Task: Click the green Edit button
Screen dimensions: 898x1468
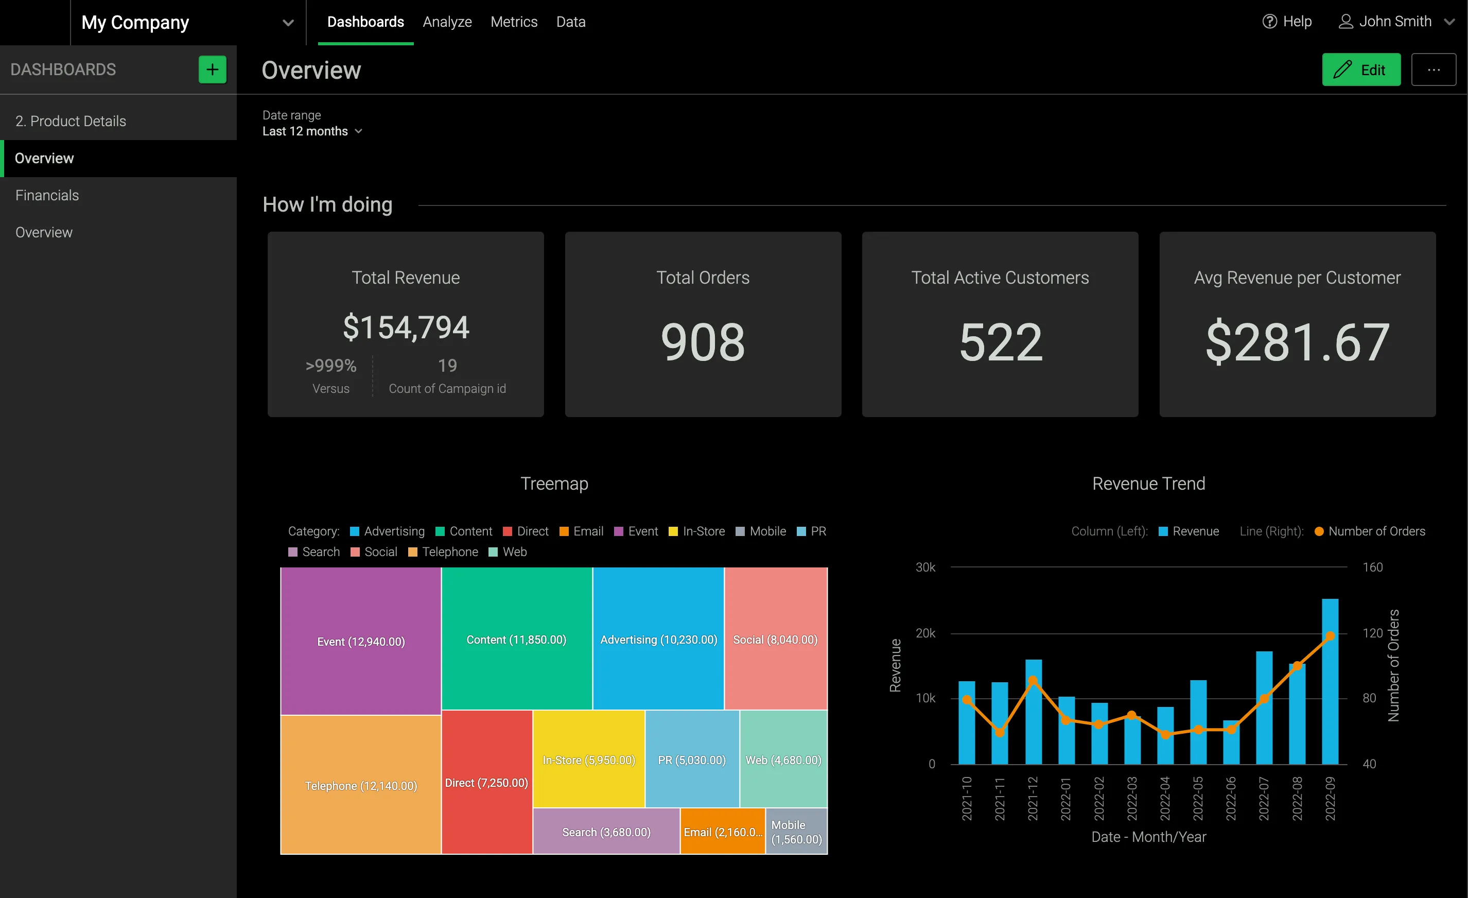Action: pyautogui.click(x=1361, y=70)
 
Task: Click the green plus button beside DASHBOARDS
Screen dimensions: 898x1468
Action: pyautogui.click(x=212, y=70)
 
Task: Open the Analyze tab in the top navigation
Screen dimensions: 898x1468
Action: pyautogui.click(x=447, y=22)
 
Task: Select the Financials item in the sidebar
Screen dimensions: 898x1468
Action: pyautogui.click(x=47, y=196)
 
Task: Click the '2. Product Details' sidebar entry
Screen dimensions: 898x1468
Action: pyautogui.click(x=71, y=121)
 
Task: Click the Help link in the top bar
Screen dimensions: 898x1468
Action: pyautogui.click(x=1287, y=22)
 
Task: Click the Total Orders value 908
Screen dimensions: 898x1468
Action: pyautogui.click(x=703, y=342)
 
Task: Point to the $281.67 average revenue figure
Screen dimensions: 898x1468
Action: pyautogui.click(x=1297, y=342)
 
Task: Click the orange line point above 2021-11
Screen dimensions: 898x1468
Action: pyautogui.click(x=1000, y=732)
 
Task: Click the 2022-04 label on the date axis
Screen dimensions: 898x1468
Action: pyautogui.click(x=1165, y=799)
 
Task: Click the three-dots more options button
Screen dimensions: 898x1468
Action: pyautogui.click(x=1434, y=70)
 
